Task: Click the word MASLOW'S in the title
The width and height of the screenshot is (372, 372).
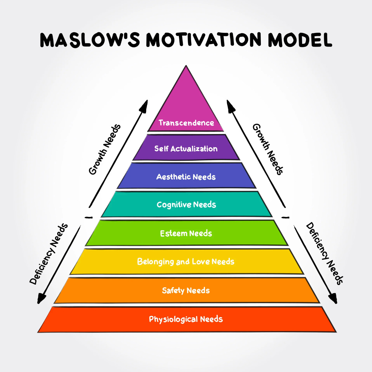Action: tap(90, 40)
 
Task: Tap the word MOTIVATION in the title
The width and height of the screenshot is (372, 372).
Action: tap(204, 40)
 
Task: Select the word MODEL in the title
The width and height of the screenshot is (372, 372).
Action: tap(300, 40)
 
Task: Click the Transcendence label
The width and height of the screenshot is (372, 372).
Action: tap(186, 123)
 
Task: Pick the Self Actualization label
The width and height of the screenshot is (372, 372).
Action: tap(186, 149)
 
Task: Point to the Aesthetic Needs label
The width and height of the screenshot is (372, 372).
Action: tap(186, 177)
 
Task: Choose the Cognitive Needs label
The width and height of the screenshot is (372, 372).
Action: tap(186, 205)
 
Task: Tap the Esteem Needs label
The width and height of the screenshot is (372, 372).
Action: tap(186, 233)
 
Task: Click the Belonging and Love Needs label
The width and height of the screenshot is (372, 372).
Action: tap(186, 262)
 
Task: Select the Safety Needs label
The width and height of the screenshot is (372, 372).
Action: tap(186, 290)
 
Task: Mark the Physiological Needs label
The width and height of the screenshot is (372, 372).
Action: tap(186, 319)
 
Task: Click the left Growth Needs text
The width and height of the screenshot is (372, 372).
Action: tap(104, 149)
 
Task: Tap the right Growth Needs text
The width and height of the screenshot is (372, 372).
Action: tap(268, 149)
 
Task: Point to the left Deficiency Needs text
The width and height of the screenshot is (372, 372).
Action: tap(49, 254)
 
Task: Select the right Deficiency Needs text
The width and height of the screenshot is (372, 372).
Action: tap(325, 253)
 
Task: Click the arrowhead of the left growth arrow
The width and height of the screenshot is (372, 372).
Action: tap(145, 106)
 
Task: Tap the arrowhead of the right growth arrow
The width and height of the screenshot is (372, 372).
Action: tap(230, 106)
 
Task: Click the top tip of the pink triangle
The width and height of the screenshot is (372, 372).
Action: tap(186, 67)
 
